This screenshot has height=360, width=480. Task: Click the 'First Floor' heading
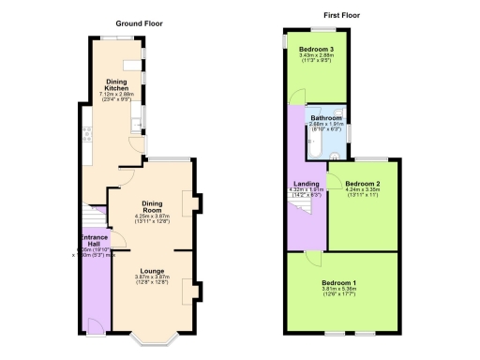(x=343, y=16)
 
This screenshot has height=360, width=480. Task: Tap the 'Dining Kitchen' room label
(x=116, y=84)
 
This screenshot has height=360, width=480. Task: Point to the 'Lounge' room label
(x=152, y=271)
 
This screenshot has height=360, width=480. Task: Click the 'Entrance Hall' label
(x=94, y=241)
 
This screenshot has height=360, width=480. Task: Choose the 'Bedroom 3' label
(x=316, y=48)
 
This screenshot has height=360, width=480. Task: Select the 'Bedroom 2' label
(x=361, y=184)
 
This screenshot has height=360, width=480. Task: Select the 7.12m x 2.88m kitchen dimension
(x=116, y=95)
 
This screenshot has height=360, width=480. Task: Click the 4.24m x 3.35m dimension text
(x=361, y=190)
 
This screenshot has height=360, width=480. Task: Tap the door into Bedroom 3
(x=297, y=96)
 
